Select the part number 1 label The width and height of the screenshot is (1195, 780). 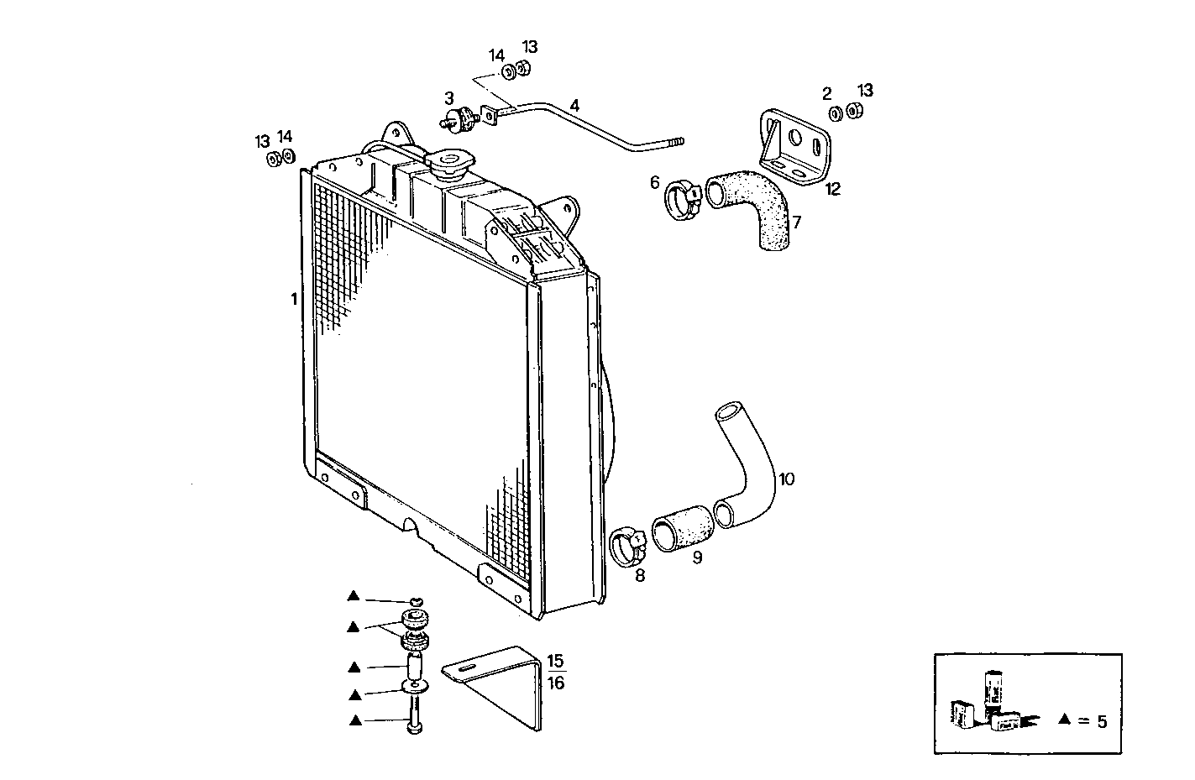294,298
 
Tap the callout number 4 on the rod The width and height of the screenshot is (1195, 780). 574,106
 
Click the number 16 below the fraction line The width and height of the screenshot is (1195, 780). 556,683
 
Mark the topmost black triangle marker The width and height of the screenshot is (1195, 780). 354,597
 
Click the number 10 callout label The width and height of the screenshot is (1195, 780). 786,479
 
